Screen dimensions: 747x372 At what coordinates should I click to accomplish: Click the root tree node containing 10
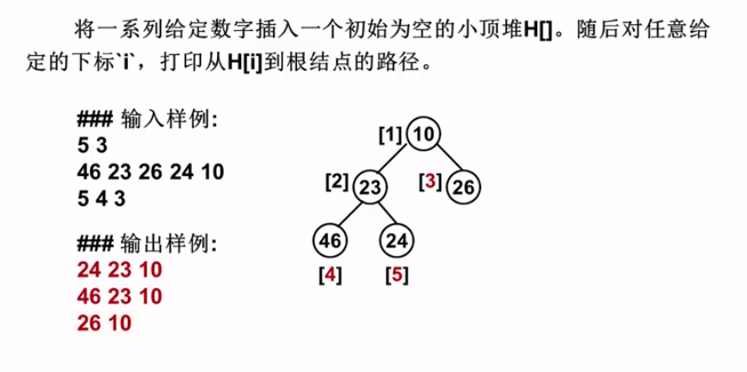pos(425,136)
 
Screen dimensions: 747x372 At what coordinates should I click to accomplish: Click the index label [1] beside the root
pos(390,136)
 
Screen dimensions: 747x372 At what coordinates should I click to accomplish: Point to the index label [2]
pos(337,182)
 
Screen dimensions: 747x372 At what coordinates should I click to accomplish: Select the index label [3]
pos(430,182)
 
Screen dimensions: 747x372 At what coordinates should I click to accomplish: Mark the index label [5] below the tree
pos(397,275)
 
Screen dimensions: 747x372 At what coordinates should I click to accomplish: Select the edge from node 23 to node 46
pos(349,214)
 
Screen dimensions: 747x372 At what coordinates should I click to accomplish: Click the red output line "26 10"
pos(104,323)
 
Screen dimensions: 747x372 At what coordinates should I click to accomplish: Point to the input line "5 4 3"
pos(101,196)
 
